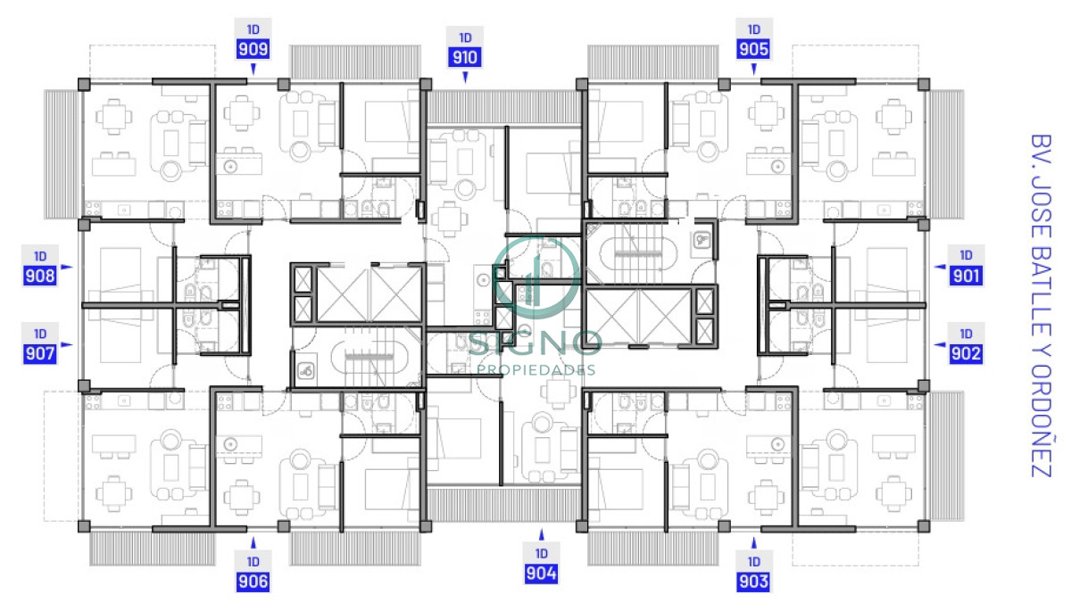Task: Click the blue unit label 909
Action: tap(253, 49)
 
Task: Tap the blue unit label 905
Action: tap(753, 49)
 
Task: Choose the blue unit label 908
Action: tap(40, 276)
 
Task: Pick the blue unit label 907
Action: tap(40, 353)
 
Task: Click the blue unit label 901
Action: tap(966, 276)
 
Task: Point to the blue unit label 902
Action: tap(966, 353)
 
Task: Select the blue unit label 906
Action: tap(253, 582)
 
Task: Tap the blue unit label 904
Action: tap(541, 574)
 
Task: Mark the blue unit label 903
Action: tap(753, 582)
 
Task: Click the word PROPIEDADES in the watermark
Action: tap(535, 369)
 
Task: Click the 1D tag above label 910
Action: tap(465, 37)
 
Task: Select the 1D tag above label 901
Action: tap(966, 255)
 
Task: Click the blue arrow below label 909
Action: tap(253, 68)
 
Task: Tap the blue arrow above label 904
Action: tap(541, 535)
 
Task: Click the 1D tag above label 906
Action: tap(253, 562)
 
